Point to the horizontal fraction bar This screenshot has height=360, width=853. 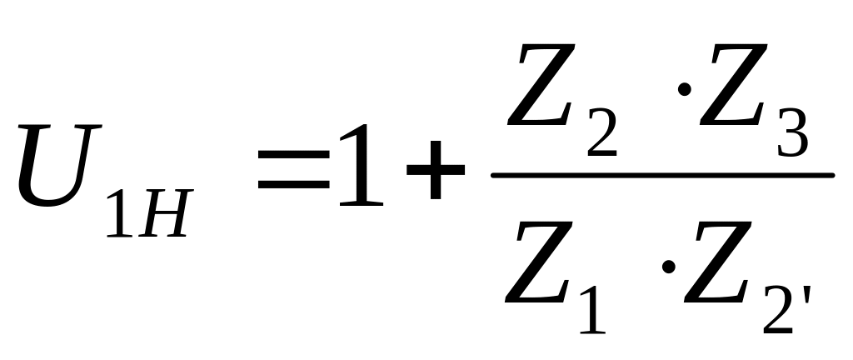(662, 175)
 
